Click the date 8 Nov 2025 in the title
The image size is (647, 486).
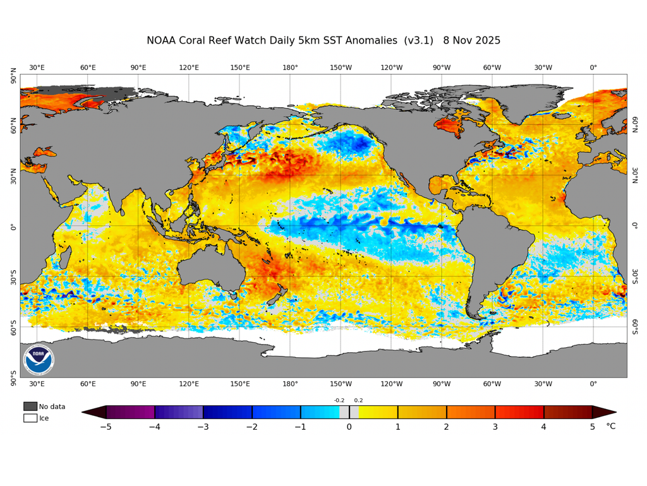click(471, 40)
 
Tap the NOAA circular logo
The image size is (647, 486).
click(39, 360)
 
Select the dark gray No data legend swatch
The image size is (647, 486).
click(30, 406)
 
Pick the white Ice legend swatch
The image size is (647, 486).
click(30, 418)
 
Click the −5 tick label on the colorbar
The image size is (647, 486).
click(106, 427)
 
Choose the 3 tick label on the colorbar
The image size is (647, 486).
click(495, 427)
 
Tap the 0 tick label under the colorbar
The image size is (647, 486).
click(349, 427)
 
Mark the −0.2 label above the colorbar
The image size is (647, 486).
click(339, 400)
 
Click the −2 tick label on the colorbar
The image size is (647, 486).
click(251, 427)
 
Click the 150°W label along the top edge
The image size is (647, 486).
click(341, 68)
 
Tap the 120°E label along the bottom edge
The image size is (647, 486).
click(189, 384)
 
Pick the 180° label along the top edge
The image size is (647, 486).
click(290, 68)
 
